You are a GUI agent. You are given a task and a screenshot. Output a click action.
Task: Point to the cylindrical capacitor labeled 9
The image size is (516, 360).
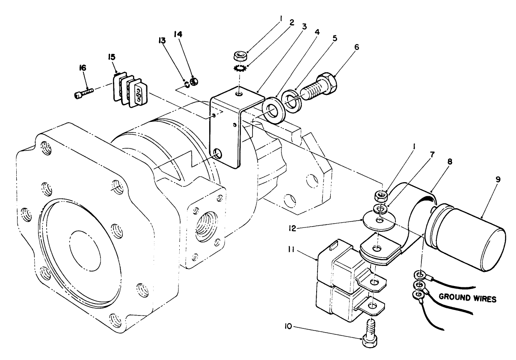pyautogui.click(x=466, y=237)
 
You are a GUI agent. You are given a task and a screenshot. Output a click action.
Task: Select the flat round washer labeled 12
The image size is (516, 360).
pyautogui.click(x=378, y=221)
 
